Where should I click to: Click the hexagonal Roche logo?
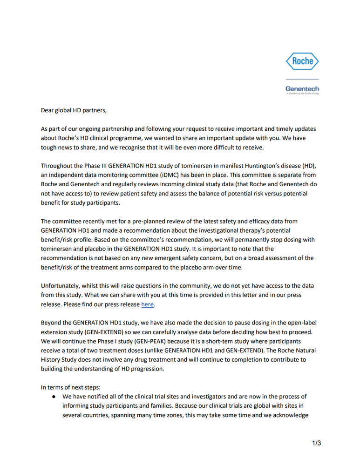(302, 61)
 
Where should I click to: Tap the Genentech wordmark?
(302, 88)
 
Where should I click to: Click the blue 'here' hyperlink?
(147, 304)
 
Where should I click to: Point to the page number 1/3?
(316, 443)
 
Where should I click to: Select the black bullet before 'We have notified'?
(54, 397)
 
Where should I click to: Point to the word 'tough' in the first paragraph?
(49, 146)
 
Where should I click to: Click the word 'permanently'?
(247, 239)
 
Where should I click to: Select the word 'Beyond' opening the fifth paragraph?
(51, 323)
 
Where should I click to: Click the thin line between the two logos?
(302, 79)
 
